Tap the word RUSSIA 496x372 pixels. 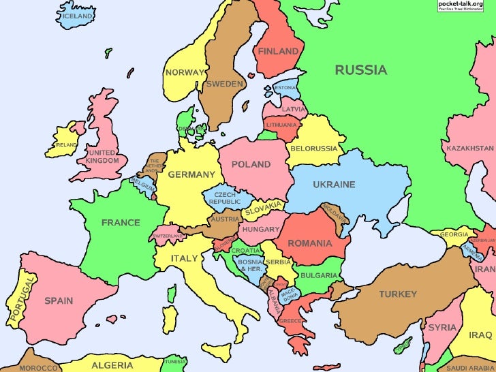pos(360,69)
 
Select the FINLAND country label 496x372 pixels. pos(278,51)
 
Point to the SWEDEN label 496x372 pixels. pos(224,84)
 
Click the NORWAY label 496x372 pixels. pos(185,72)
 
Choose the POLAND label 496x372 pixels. pos(251,164)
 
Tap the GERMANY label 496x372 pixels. pos(191,174)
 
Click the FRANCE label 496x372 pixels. pos(121,222)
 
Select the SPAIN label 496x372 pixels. pos(59,300)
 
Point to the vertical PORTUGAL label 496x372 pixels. pos(20,300)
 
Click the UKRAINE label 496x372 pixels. pos(334,185)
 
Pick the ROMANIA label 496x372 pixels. pos(309,243)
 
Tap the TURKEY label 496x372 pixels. pos(398,294)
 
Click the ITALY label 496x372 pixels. pos(184,258)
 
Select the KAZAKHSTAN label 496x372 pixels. pos(470,148)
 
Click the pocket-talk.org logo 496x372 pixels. pos(465,6)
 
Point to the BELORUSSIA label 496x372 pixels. pos(314,148)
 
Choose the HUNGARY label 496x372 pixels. pos(261,230)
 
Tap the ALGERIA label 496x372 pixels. pos(112,365)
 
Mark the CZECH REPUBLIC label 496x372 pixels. pos(224,198)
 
